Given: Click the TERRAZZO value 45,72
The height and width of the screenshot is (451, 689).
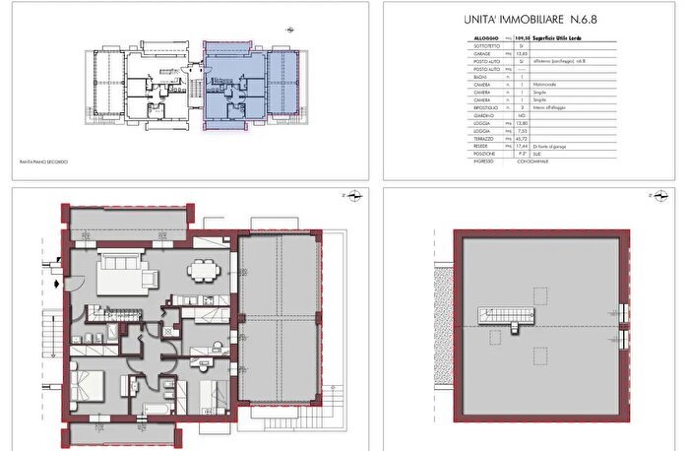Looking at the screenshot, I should tap(524, 138).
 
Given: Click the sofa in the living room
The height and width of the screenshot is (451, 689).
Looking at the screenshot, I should tap(121, 265).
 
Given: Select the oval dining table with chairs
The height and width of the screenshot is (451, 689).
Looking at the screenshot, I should tap(204, 267).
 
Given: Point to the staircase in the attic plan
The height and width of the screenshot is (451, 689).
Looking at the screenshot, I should tap(495, 317).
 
